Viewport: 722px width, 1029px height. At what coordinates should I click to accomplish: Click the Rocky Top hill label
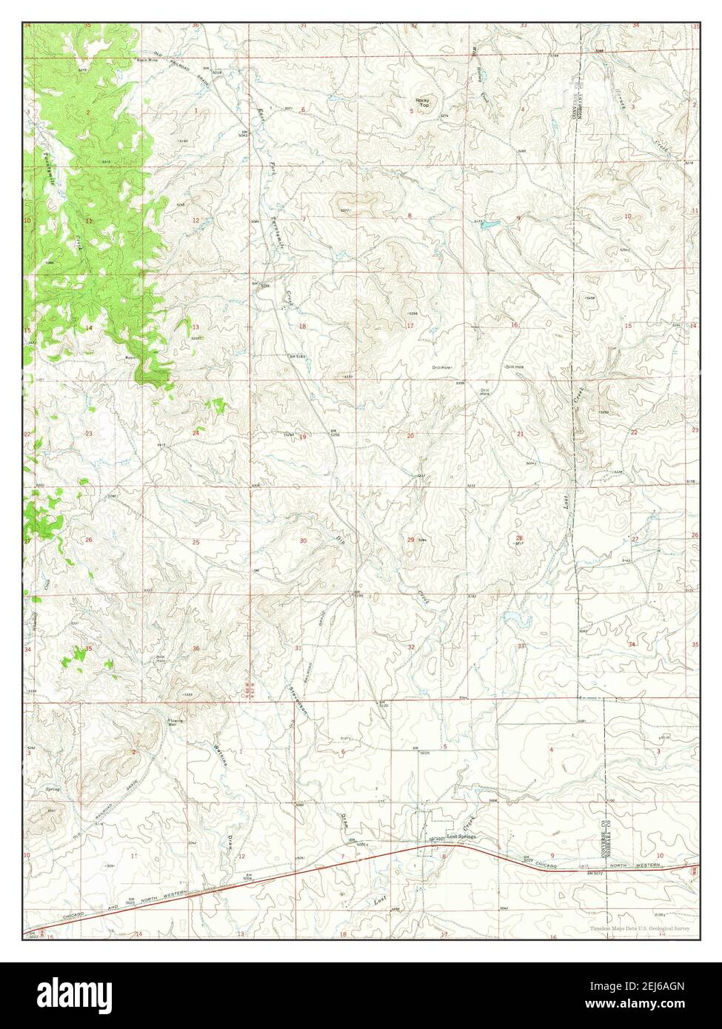coord(422,103)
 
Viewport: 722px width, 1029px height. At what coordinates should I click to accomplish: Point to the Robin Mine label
coord(148,60)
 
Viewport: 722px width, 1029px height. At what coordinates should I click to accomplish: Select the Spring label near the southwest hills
coord(53,789)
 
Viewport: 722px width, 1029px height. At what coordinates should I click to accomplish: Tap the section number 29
coord(410,540)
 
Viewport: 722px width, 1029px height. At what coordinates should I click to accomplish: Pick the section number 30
coord(303,541)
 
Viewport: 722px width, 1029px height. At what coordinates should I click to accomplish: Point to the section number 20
coord(410,436)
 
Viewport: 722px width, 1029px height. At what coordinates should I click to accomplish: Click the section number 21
coord(520,434)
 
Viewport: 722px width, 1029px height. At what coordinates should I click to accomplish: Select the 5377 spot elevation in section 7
coord(345,211)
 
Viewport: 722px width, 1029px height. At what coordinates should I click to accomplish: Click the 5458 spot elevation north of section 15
coord(589,298)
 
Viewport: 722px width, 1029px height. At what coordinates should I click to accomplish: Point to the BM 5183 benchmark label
coord(295,358)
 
